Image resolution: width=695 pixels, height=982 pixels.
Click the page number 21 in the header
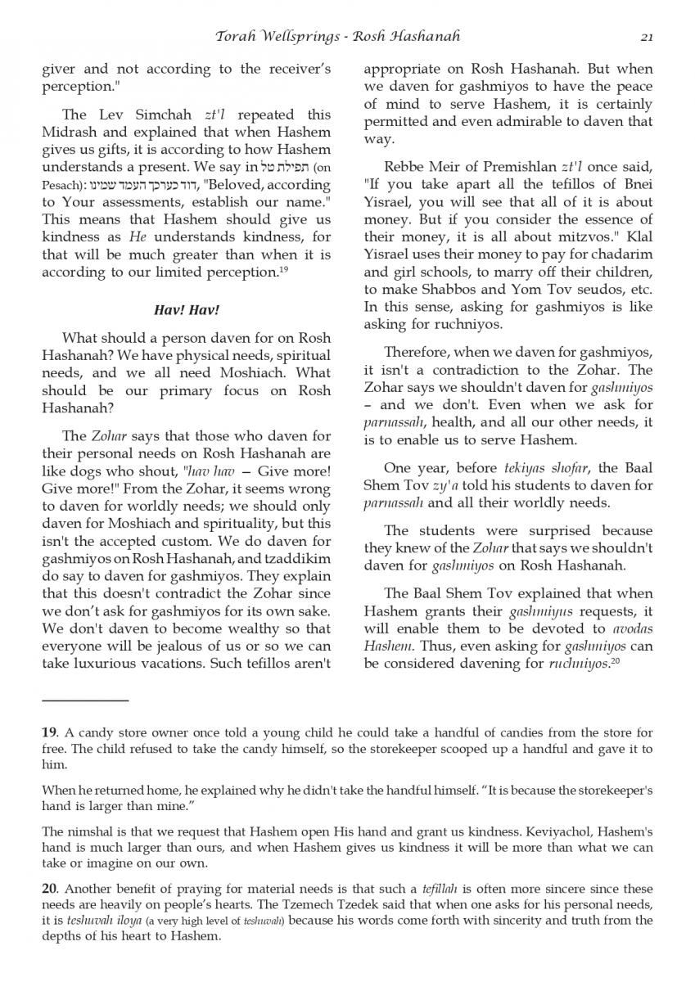click(x=646, y=37)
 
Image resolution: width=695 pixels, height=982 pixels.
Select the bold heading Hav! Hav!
click(x=186, y=311)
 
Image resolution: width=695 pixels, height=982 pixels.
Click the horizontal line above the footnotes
click(x=85, y=700)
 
